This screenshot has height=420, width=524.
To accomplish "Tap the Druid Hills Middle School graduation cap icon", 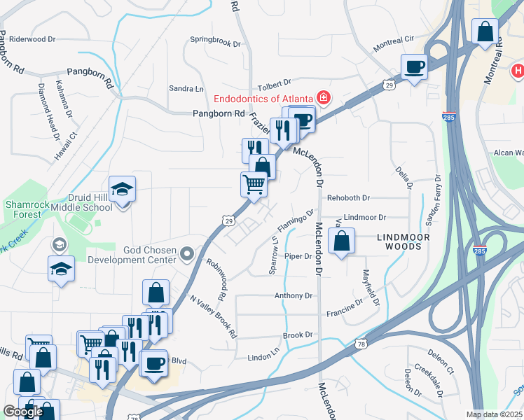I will point(123,190).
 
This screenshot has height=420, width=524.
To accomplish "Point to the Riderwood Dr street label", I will point(32,39).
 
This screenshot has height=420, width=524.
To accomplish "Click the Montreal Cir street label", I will point(394,43).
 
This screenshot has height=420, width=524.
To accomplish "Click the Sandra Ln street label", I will point(186,88).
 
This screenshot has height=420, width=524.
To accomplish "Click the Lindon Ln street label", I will point(263,357).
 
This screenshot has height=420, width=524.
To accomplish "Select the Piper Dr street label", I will point(298,256).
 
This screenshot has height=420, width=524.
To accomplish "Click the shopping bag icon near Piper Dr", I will point(341,242).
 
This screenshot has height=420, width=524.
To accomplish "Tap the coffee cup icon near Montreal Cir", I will point(414,66).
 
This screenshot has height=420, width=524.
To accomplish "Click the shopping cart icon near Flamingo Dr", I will point(254,185).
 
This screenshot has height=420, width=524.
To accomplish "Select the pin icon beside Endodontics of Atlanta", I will point(324,97).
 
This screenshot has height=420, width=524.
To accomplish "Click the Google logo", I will point(22,412).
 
